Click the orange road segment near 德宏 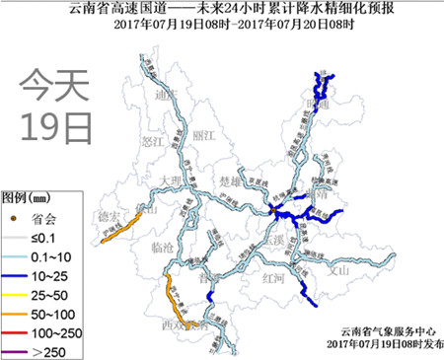click(x=122, y=228)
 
